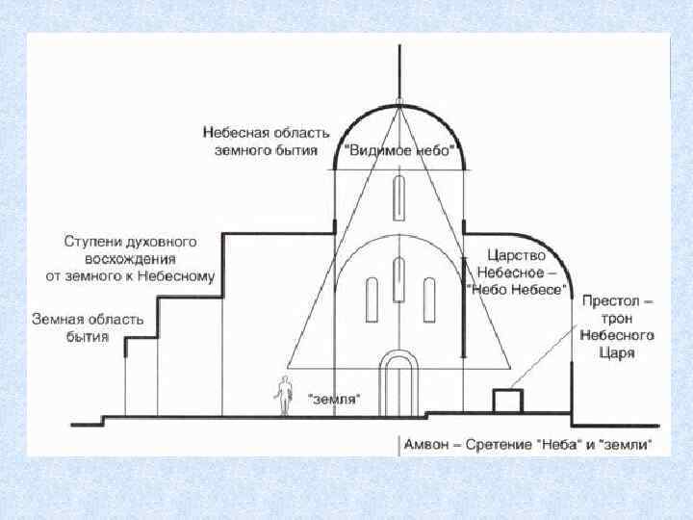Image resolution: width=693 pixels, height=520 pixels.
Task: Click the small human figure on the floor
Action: (284, 396)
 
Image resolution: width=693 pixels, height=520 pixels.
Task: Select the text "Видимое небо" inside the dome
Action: (398, 150)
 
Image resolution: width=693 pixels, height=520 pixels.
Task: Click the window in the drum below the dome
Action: (398, 198)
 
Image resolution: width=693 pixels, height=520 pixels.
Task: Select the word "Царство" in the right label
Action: (516, 256)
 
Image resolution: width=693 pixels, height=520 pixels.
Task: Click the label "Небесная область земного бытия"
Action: (266, 140)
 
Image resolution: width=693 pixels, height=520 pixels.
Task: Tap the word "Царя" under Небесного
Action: (617, 353)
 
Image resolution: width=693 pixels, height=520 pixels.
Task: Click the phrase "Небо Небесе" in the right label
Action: (515, 289)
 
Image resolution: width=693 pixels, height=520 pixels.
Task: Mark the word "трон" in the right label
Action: (617, 319)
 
